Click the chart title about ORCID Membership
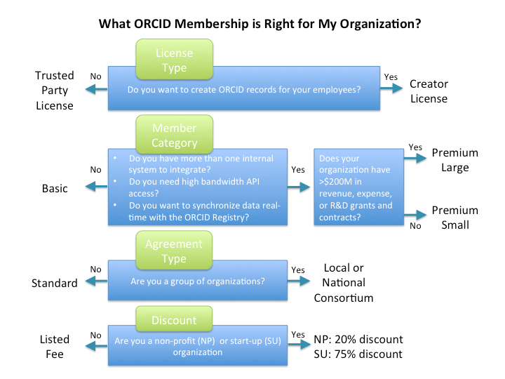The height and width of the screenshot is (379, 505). [260, 24]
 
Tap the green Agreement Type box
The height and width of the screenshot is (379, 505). [175, 250]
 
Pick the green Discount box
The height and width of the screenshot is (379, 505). [175, 321]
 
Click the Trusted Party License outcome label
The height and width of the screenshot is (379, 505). [55, 91]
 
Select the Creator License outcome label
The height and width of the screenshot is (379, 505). [429, 91]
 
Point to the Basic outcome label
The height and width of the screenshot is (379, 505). [54, 188]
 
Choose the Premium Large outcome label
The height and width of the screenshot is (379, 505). [454, 160]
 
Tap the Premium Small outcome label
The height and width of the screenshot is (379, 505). [454, 218]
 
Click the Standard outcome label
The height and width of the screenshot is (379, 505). [54, 284]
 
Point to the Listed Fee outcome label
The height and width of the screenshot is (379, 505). [54, 347]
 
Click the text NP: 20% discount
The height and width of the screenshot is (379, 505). [358, 340]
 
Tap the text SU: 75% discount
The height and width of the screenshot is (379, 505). [358, 354]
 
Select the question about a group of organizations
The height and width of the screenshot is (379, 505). [198, 282]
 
